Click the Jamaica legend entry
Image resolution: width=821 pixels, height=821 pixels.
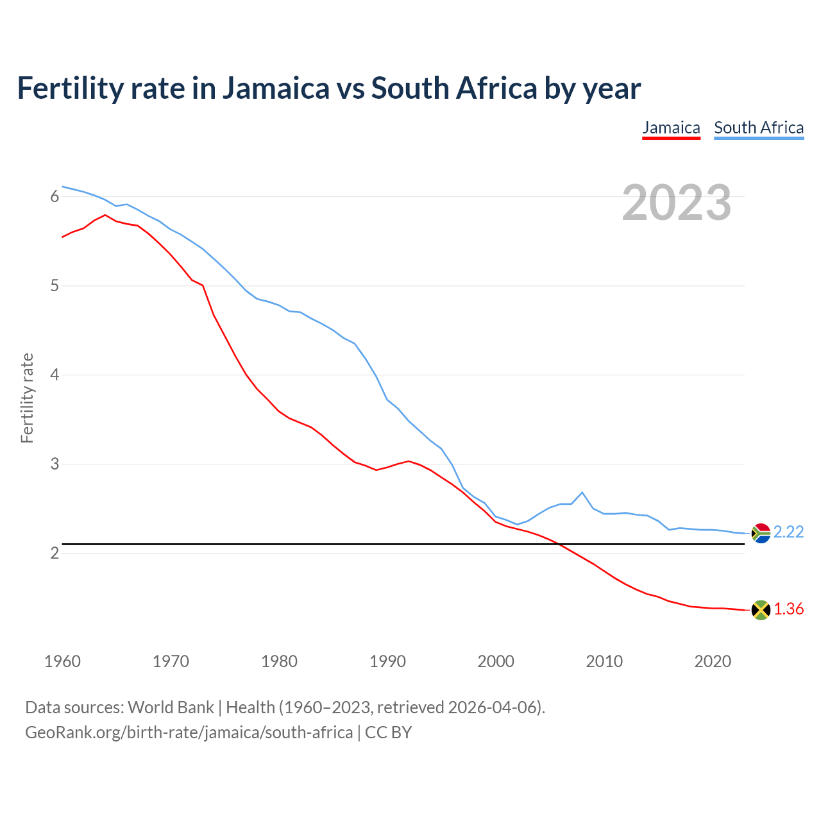[x=671, y=128]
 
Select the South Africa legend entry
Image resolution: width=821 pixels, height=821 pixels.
[x=759, y=128]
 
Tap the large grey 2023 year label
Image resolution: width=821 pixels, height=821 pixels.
[x=677, y=203]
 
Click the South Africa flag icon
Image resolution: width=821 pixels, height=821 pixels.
[x=761, y=533]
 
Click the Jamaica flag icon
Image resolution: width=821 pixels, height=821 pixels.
[x=761, y=610]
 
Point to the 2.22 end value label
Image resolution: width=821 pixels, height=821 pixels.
[x=788, y=532]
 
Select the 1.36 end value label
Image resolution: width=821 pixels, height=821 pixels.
[x=788, y=609]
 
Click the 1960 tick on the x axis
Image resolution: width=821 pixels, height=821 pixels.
[x=62, y=661]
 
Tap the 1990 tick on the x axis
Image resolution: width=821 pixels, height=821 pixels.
[x=387, y=661]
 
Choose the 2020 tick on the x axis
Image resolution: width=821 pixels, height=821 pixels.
[x=713, y=661]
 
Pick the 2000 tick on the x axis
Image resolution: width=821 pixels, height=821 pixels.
[x=496, y=661]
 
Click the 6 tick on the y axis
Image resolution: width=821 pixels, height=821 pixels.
[x=55, y=197]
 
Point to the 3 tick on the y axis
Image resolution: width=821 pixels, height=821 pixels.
[x=55, y=464]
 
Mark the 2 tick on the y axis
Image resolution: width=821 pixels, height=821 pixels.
[x=55, y=553]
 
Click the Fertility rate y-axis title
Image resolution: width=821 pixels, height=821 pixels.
[x=27, y=398]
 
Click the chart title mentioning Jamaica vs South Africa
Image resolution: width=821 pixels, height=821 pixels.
[x=328, y=88]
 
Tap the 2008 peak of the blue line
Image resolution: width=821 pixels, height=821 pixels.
[x=582, y=493]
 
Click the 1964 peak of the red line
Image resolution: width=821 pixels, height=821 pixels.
[x=105, y=215]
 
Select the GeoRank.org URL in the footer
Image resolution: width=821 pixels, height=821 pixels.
[x=189, y=732]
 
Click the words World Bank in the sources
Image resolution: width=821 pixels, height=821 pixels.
[x=171, y=707]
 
